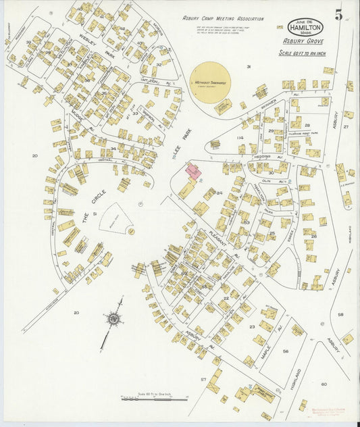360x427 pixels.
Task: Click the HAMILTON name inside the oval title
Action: pyautogui.click(x=305, y=28)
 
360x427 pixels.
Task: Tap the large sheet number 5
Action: pyautogui.click(x=338, y=14)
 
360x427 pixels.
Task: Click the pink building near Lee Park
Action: pyautogui.click(x=192, y=172)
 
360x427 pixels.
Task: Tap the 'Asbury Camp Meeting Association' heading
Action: pyautogui.click(x=223, y=19)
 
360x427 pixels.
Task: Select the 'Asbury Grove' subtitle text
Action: pyautogui.click(x=305, y=41)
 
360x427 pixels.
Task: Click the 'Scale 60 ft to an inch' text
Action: pyautogui.click(x=305, y=52)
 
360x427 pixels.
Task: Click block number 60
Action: pyautogui.click(x=324, y=384)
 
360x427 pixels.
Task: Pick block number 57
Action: pyautogui.click(x=203, y=380)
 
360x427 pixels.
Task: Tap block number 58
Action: pyautogui.click(x=340, y=314)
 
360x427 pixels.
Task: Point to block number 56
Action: pyautogui.click(x=285, y=351)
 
